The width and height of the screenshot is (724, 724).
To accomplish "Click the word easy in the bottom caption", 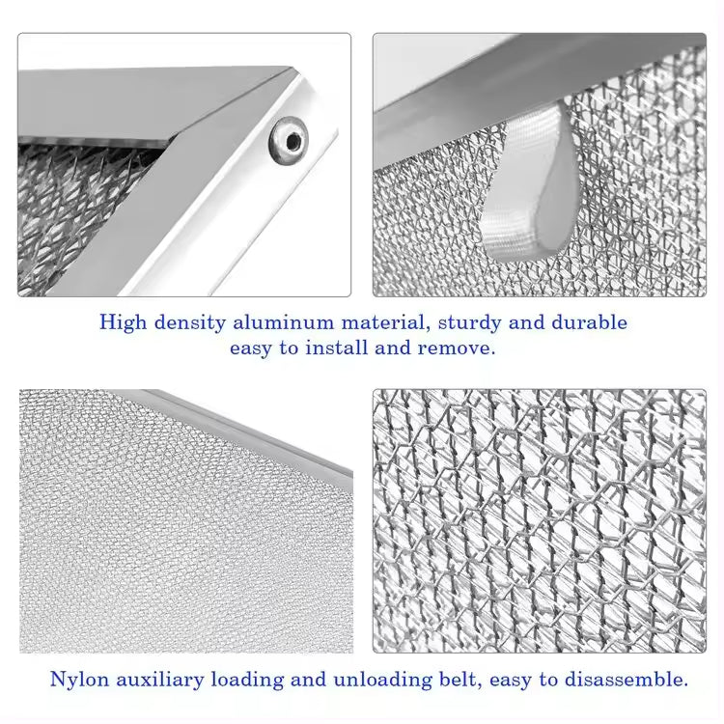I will pos(510,680).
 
